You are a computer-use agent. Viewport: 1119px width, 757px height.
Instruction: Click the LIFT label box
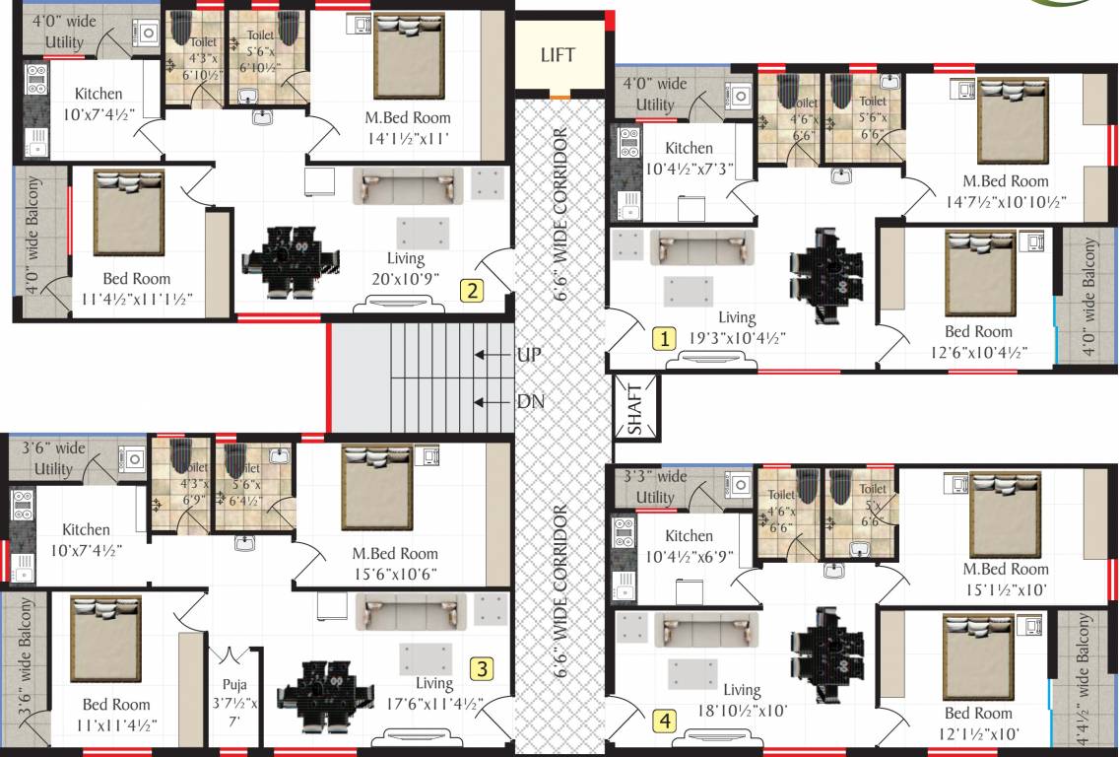click(x=558, y=55)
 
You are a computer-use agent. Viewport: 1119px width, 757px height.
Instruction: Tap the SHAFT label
click(x=634, y=408)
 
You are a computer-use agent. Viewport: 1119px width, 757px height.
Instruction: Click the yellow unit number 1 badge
click(x=664, y=338)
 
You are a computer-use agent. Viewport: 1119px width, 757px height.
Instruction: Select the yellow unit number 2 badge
click(x=474, y=290)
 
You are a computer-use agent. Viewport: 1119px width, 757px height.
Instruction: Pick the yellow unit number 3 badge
click(x=481, y=669)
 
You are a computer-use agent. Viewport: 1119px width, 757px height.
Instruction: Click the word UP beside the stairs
click(x=529, y=355)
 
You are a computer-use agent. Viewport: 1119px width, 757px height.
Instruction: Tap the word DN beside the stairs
click(x=530, y=402)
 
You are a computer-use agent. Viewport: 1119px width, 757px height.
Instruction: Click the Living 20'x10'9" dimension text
click(x=406, y=268)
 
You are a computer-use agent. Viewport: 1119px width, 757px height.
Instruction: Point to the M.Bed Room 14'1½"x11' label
click(x=405, y=128)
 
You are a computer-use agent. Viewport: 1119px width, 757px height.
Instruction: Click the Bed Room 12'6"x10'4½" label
click(x=978, y=341)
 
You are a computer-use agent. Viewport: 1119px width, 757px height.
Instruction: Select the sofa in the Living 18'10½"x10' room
click(x=706, y=629)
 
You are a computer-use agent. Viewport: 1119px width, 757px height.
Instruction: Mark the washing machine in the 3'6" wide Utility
click(x=132, y=458)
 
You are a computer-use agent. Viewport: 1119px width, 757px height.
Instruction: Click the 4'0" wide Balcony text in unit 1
click(x=1089, y=297)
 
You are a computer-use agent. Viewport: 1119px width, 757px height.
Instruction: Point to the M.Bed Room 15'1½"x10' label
click(x=1006, y=579)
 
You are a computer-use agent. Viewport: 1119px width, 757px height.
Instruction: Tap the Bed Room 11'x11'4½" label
click(x=116, y=715)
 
